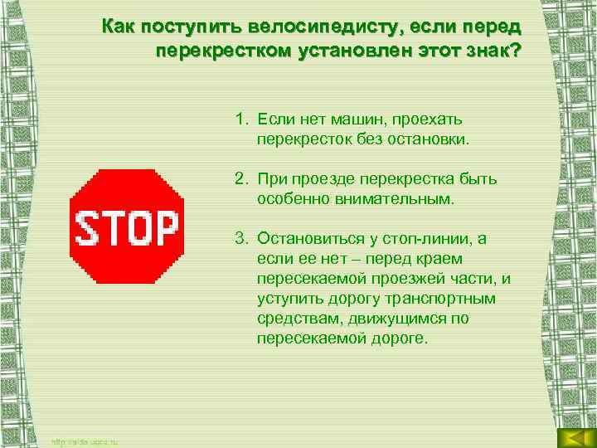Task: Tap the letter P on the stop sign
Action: (x=165, y=227)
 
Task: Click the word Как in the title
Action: (x=119, y=27)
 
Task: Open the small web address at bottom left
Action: (x=85, y=441)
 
